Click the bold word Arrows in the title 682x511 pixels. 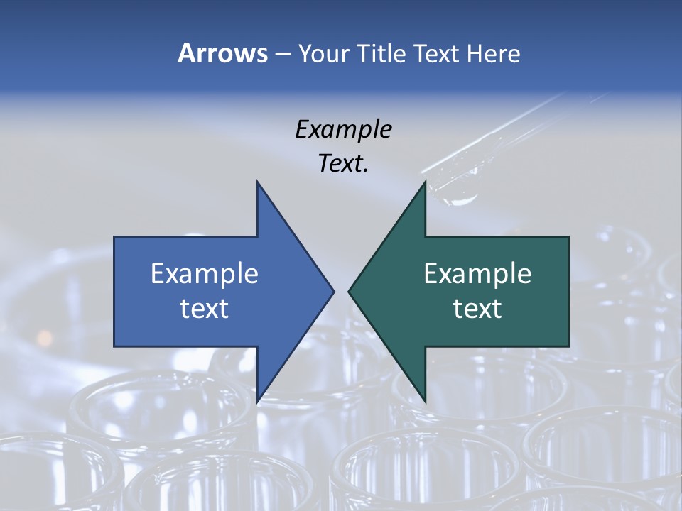pos(222,53)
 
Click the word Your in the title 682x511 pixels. pos(324,53)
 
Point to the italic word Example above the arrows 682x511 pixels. pos(343,130)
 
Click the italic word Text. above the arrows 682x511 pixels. pos(343,164)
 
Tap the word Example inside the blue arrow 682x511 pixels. pos(205,273)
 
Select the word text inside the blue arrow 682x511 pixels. pos(205,309)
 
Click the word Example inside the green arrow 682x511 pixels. pos(477,273)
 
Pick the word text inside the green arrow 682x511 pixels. pos(477,309)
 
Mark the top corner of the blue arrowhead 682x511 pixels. pos(257,182)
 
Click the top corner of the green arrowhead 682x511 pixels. pos(425,182)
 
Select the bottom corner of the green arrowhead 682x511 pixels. pos(425,402)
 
